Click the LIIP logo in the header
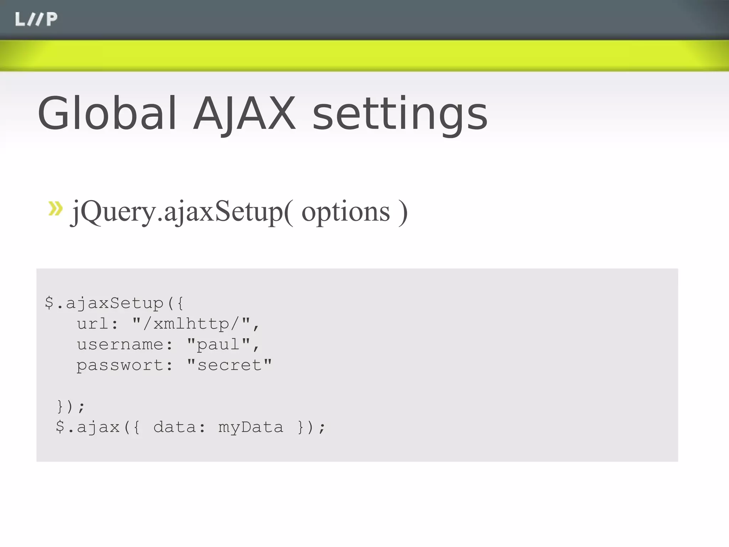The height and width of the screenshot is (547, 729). pyautogui.click(x=36, y=19)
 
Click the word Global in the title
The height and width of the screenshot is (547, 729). pyautogui.click(x=107, y=114)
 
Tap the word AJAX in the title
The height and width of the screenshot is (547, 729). pyautogui.click(x=244, y=114)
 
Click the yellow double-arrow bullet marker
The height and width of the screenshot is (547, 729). pyautogui.click(x=56, y=209)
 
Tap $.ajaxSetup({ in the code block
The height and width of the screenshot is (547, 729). pyautogui.click(x=114, y=303)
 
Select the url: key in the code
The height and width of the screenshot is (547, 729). pyautogui.click(x=97, y=324)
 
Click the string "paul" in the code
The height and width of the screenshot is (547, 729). pyautogui.click(x=222, y=344)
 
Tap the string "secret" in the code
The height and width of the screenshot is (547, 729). pyautogui.click(x=229, y=365)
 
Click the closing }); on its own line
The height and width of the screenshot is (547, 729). pyautogui.click(x=71, y=406)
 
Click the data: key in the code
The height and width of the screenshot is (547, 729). pyautogui.click(x=179, y=427)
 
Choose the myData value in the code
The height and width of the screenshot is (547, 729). pyautogui.click(x=251, y=427)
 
